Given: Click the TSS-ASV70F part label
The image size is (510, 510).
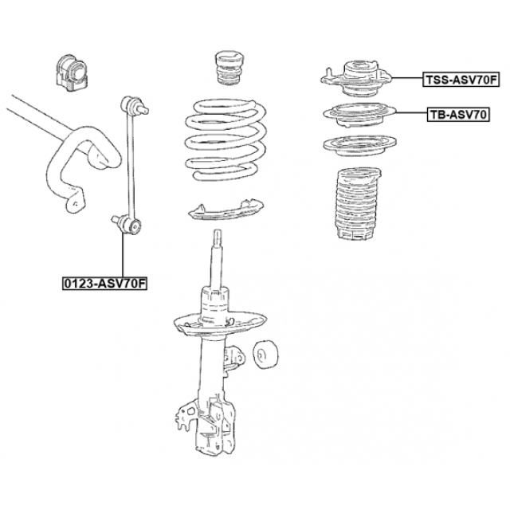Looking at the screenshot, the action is pyautogui.click(x=461, y=80).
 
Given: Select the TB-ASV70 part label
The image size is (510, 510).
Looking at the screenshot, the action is pyautogui.click(x=458, y=115).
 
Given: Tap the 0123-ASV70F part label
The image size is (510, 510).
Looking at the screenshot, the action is pyautogui.click(x=104, y=284).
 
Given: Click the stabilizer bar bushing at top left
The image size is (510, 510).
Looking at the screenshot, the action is pyautogui.click(x=72, y=73).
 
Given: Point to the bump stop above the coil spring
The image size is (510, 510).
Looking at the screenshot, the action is pyautogui.click(x=229, y=69).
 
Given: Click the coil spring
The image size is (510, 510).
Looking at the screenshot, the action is pyautogui.click(x=226, y=140).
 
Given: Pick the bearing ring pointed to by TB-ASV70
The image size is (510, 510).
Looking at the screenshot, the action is pyautogui.click(x=359, y=115).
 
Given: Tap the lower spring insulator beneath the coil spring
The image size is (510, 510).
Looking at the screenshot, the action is pyautogui.click(x=226, y=210).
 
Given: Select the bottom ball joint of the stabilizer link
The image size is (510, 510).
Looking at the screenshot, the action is pyautogui.click(x=127, y=225).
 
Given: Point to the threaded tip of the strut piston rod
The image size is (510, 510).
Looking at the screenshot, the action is pyautogui.click(x=218, y=237).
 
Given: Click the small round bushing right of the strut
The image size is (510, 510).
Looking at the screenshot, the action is pyautogui.click(x=265, y=355).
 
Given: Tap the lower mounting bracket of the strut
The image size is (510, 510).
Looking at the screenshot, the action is pyautogui.click(x=206, y=423).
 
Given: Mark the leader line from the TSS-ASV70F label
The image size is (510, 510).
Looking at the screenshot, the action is pyautogui.click(x=407, y=78).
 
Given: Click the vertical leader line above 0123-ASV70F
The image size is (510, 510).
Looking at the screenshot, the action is pyautogui.click(x=123, y=255).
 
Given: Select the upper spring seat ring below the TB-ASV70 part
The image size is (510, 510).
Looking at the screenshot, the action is pyautogui.click(x=359, y=145).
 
